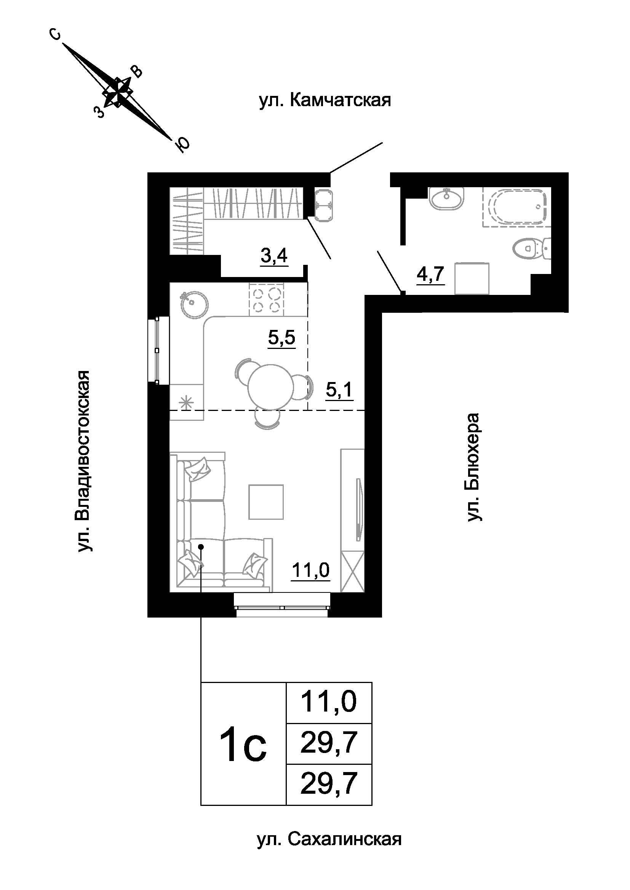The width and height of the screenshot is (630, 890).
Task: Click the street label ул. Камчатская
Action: pyautogui.click(x=325, y=100)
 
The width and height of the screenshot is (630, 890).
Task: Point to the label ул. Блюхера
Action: pyautogui.click(x=474, y=467)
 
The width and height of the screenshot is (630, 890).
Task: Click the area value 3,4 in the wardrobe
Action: pyautogui.click(x=274, y=256)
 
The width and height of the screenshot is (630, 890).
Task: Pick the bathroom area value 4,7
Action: pyautogui.click(x=430, y=274)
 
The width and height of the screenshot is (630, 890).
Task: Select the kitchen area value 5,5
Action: pyautogui.click(x=281, y=338)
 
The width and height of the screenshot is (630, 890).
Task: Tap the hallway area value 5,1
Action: pyautogui.click(x=339, y=389)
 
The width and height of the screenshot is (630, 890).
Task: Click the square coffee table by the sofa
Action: pyautogui.click(x=266, y=502)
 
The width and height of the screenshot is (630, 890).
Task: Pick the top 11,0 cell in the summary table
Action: pyautogui.click(x=329, y=702)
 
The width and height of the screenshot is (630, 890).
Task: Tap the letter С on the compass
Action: pyautogui.click(x=56, y=35)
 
